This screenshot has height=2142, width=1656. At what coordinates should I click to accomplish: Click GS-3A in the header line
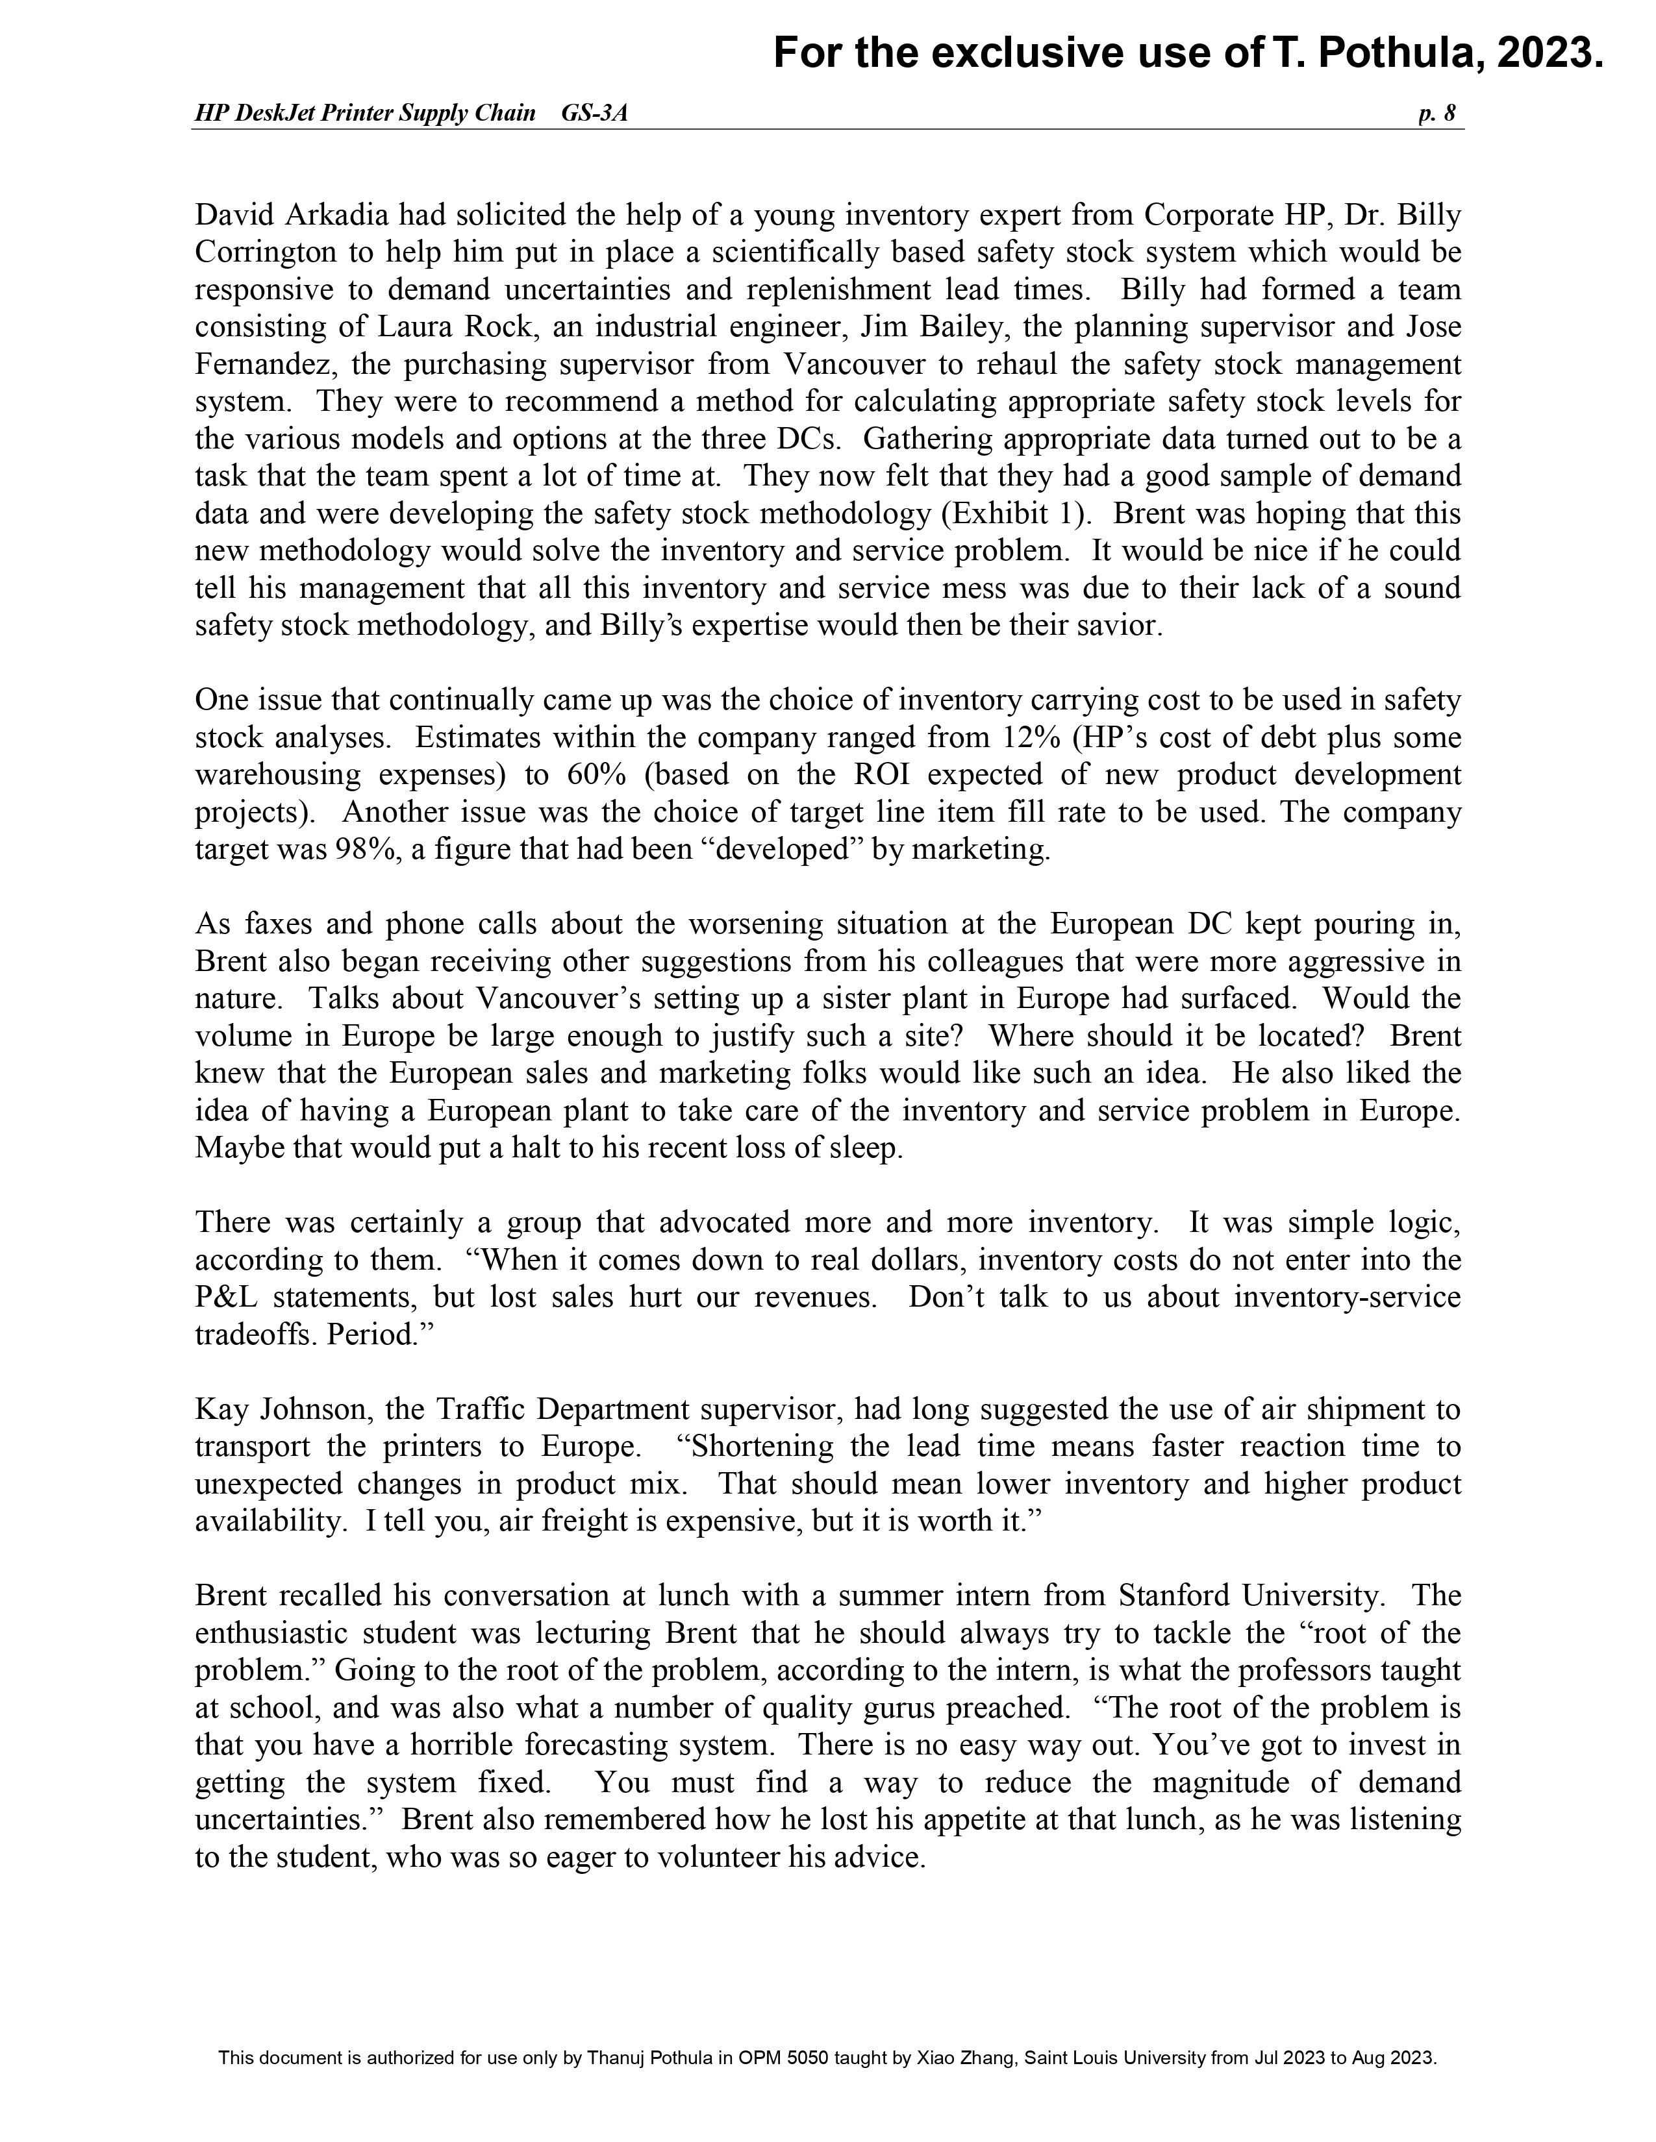point(594,114)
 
